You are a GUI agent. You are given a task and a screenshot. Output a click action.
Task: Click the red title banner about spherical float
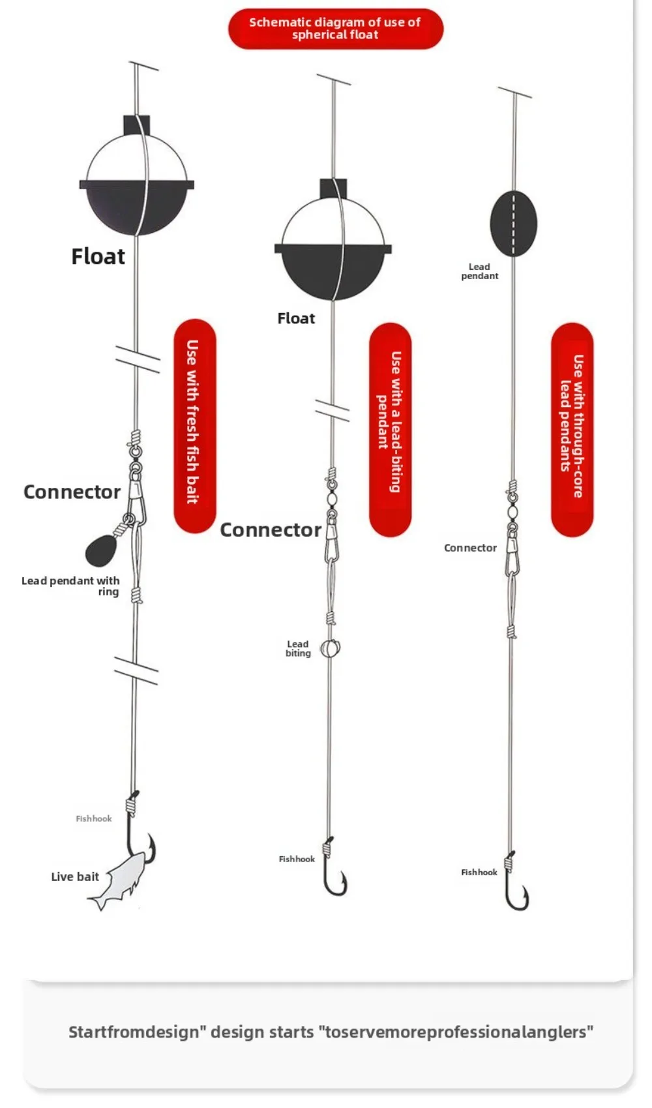[335, 29]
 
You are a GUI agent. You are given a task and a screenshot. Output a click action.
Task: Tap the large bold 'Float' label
[98, 256]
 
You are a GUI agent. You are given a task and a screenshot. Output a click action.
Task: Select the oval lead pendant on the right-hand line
[513, 224]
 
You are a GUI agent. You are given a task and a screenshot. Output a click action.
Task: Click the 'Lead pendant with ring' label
[70, 586]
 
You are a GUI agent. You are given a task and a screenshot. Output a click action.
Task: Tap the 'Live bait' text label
[75, 876]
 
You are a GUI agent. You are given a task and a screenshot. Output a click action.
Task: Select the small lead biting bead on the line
[331, 648]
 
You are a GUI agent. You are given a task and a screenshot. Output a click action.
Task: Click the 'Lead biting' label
[298, 648]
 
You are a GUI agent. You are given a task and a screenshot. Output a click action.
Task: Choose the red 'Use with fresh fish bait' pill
[194, 425]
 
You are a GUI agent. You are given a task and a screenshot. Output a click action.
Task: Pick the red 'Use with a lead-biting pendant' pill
[390, 428]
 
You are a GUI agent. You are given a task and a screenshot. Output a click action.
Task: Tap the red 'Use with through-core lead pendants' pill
[571, 428]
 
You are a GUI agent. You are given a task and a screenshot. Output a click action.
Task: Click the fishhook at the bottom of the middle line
[334, 874]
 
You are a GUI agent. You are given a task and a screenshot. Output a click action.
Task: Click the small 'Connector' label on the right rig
[470, 548]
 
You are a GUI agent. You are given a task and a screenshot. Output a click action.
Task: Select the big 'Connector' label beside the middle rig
[270, 530]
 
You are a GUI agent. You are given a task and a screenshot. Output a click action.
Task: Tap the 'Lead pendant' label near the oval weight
[479, 271]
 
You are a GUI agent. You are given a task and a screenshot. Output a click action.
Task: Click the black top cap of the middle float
[333, 188]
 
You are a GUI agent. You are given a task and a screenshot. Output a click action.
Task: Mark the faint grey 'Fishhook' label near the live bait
[93, 818]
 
